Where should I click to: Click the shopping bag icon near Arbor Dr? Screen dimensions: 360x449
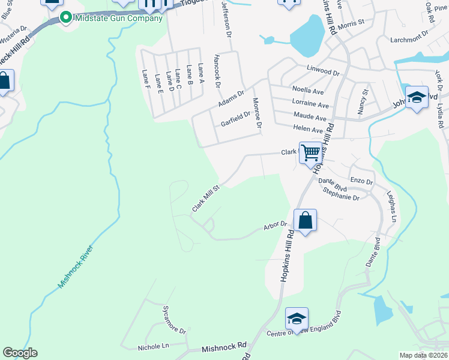[305, 220]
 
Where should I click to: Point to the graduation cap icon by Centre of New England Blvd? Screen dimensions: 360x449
[297, 319]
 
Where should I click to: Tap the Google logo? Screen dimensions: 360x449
[20, 353]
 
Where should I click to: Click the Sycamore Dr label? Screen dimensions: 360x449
[174, 319]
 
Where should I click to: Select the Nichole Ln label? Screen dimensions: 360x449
[154, 346]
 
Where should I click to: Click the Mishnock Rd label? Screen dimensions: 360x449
[224, 346]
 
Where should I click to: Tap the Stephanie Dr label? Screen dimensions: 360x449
[340, 197]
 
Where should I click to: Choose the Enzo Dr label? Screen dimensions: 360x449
[361, 181]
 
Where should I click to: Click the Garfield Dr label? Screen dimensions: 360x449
[235, 119]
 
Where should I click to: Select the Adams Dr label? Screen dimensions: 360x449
[231, 96]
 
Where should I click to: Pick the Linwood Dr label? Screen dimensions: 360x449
[323, 71]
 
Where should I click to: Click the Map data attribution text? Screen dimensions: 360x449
[423, 355]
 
